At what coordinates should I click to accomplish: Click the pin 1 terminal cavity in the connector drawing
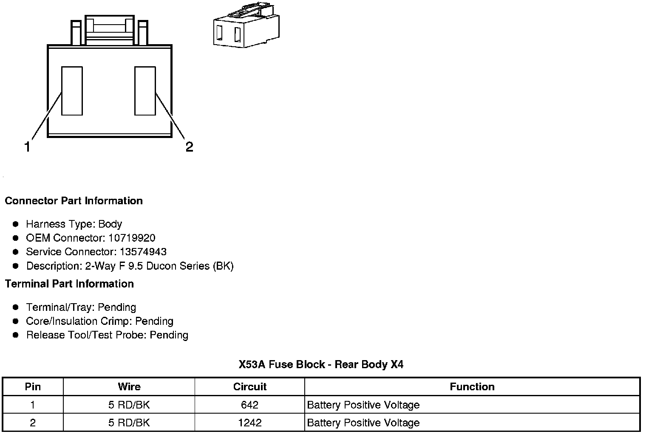tap(72, 90)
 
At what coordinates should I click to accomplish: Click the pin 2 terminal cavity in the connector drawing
tap(145, 90)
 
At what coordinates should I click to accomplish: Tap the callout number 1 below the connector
tap(27, 147)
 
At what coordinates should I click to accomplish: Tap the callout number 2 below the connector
tap(189, 147)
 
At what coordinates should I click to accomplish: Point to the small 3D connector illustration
tap(246, 26)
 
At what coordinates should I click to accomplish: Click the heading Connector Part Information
tap(74, 201)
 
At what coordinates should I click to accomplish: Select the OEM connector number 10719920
tap(132, 238)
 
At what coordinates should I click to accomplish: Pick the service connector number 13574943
tap(143, 252)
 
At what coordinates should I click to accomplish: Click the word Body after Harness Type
tap(110, 224)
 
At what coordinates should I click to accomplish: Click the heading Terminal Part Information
tap(69, 284)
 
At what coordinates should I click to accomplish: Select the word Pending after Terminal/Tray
tap(117, 307)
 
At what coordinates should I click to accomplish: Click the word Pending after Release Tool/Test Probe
tap(169, 335)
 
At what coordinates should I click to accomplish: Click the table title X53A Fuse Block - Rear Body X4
tap(321, 364)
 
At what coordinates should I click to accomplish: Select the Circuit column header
tap(249, 387)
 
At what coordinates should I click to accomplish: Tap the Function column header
tap(472, 387)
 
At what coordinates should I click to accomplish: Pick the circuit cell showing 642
tap(249, 405)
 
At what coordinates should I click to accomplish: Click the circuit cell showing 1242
tap(249, 423)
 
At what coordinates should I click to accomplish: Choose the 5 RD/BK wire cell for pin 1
tap(129, 405)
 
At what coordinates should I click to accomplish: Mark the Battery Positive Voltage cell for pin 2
tap(363, 423)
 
